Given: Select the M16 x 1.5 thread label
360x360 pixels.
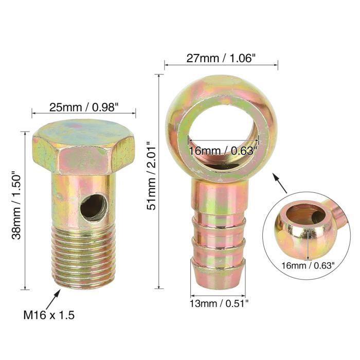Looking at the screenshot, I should pyautogui.click(x=48, y=315).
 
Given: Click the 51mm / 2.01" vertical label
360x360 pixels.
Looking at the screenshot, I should pyautogui.click(x=150, y=176).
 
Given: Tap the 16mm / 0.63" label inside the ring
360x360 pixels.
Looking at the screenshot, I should pyautogui.click(x=223, y=150).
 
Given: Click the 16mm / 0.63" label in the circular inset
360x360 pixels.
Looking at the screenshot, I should pyautogui.click(x=309, y=265).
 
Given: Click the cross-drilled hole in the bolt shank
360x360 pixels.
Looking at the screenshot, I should pyautogui.click(x=94, y=207).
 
